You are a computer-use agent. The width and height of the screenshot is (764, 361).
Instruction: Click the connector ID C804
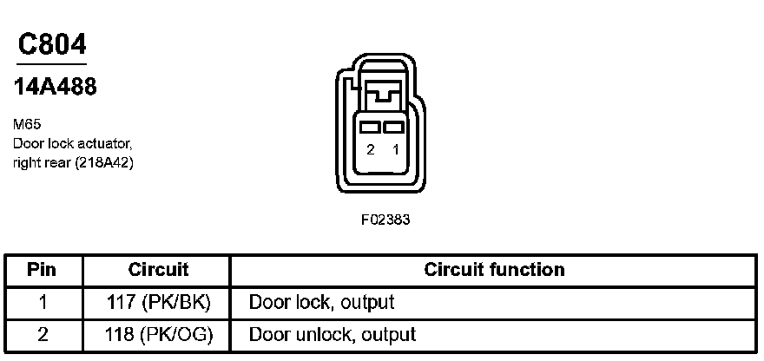[x=51, y=44]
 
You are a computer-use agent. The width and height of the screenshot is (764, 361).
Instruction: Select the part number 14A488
[x=55, y=88]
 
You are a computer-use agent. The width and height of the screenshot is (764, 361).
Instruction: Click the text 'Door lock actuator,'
[x=72, y=142]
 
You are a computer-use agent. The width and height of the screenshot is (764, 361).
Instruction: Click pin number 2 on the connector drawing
[x=371, y=149]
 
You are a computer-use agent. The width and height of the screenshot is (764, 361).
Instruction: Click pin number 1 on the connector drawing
[x=396, y=149]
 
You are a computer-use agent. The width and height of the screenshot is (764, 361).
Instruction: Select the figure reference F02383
[x=385, y=220]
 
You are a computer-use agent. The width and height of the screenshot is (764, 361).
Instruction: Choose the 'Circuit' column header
[x=158, y=270]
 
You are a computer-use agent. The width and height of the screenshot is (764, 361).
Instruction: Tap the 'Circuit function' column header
[x=494, y=270]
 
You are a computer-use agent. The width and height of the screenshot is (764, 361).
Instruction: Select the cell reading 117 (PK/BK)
[x=158, y=302]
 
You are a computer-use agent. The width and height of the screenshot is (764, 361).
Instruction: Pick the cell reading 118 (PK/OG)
[x=158, y=334]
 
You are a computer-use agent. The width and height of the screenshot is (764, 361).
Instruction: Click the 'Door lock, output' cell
[x=321, y=302]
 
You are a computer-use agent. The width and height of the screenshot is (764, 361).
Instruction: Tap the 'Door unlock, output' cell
[x=332, y=334]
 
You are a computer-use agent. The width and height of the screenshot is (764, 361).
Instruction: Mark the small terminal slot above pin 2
[x=371, y=127]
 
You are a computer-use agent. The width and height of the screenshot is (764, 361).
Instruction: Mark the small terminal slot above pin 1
[x=396, y=127]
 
